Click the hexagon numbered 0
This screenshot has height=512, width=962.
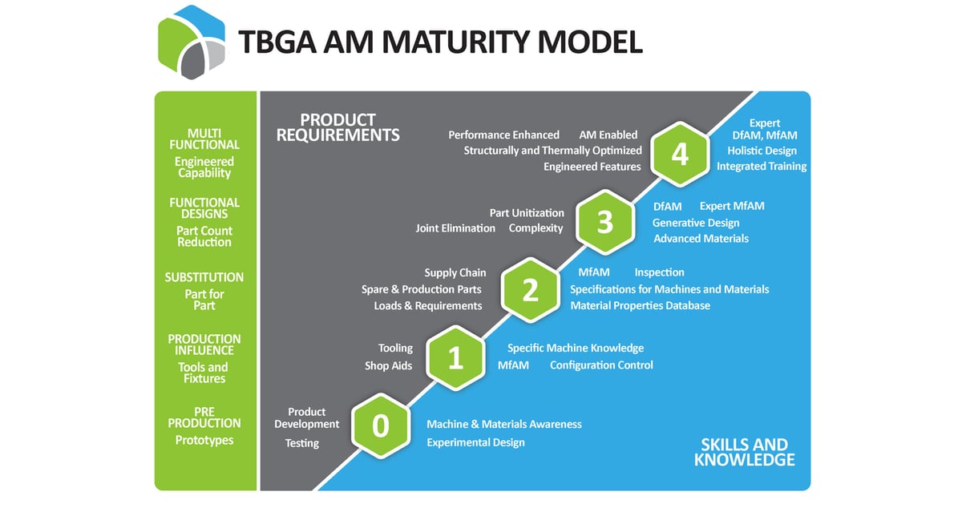click(381, 425)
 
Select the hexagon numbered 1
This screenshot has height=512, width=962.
click(455, 358)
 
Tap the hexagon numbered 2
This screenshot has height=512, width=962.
click(531, 290)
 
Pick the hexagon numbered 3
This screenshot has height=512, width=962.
click(605, 222)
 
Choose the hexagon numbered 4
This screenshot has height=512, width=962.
click(680, 154)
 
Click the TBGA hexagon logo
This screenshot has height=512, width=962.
click(192, 42)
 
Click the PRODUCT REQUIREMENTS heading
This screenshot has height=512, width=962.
click(338, 127)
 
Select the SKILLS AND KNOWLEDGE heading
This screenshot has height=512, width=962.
click(744, 452)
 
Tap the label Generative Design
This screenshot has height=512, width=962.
click(696, 224)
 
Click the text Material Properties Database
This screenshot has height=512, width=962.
click(640, 305)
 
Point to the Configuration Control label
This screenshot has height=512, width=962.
click(601, 365)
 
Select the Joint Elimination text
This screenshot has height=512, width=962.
click(455, 228)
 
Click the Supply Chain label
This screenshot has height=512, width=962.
click(455, 273)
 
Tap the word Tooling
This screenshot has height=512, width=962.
click(395, 348)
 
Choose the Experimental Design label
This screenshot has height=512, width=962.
click(475, 442)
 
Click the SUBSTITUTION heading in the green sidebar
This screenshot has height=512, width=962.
click(204, 277)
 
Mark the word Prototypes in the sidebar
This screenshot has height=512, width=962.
click(204, 441)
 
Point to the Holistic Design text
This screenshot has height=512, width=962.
click(762, 151)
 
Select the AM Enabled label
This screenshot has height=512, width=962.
click(608, 135)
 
